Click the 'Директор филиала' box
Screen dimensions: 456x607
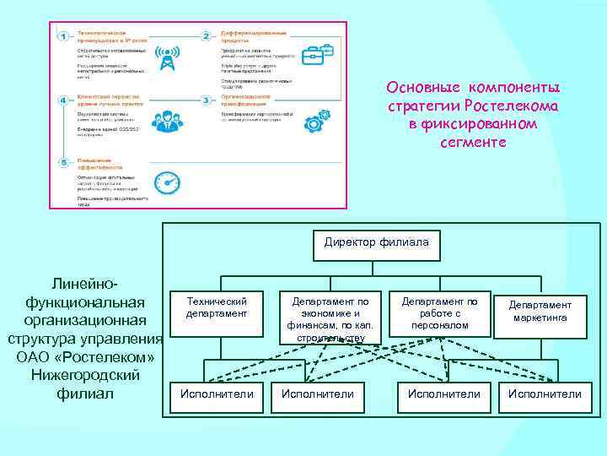[x=376, y=243]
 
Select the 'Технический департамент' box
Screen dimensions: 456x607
[x=216, y=309]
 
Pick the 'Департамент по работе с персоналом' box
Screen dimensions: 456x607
[x=439, y=313]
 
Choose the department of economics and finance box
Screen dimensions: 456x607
[x=330, y=318]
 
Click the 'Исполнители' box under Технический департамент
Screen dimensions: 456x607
[x=216, y=394]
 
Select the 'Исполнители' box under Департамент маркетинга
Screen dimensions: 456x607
[x=544, y=394]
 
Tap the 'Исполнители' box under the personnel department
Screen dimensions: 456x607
[x=443, y=394]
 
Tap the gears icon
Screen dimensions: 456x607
[x=311, y=118]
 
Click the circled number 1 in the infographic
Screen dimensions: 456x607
[x=63, y=35]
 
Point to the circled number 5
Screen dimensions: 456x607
[x=63, y=162]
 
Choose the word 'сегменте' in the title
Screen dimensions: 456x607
[x=473, y=142]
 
